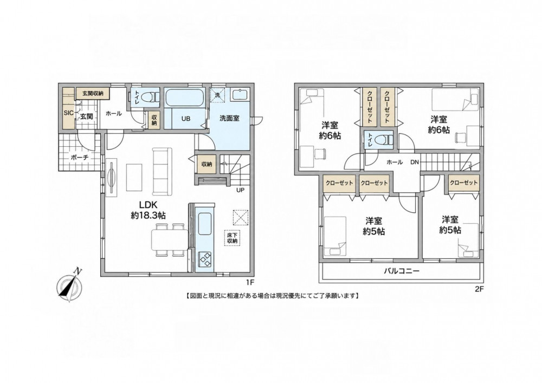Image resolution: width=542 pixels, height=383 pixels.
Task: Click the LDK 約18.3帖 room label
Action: click(148, 209)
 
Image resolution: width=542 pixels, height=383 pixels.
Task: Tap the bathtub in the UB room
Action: click(183, 98)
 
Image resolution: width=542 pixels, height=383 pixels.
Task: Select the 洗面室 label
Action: click(229, 119)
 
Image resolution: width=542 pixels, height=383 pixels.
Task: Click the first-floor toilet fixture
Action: click(152, 98)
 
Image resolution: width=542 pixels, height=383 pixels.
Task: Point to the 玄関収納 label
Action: click(92, 93)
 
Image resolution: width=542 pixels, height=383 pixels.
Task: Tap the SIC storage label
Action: click(68, 113)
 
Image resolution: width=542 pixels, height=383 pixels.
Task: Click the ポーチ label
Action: click(80, 158)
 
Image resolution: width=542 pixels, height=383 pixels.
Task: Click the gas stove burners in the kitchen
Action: click(205, 259)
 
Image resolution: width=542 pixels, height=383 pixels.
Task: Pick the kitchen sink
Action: click(205, 224)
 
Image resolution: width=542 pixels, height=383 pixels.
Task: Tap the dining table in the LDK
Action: click(170, 240)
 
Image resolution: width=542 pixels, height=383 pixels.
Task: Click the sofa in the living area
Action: click(162, 172)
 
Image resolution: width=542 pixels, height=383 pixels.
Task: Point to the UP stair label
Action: click(240, 190)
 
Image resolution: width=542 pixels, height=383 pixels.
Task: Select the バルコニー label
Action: click(402, 271)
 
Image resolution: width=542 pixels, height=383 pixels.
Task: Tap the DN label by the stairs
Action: click(415, 162)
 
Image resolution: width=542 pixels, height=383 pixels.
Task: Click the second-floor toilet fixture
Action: click(385, 140)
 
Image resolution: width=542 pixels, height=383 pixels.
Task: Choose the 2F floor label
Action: click(479, 290)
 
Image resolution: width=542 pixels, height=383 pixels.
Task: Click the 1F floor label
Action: click(250, 282)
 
